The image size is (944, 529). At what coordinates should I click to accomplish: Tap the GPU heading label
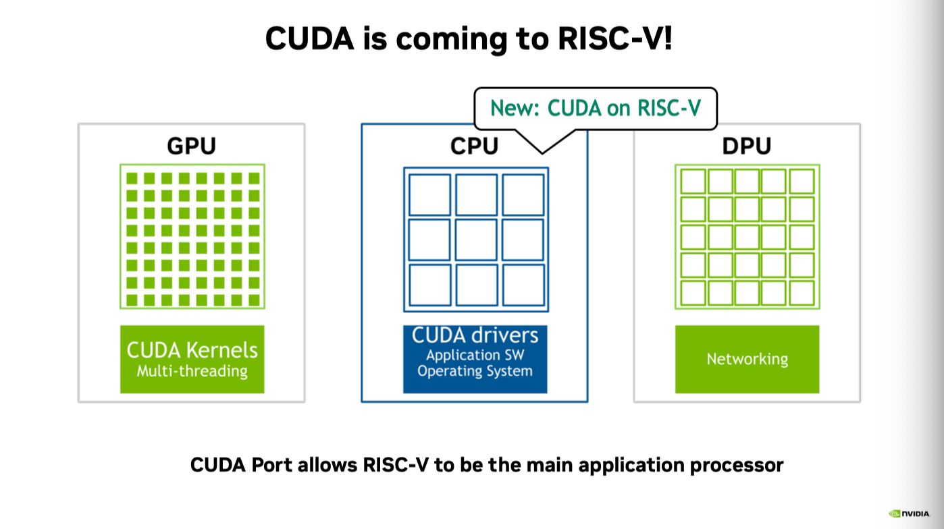tap(191, 146)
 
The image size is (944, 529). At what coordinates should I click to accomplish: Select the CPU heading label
tap(475, 146)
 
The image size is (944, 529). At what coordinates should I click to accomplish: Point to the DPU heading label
tap(747, 146)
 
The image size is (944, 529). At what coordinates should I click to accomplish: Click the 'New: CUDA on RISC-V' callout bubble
tap(595, 108)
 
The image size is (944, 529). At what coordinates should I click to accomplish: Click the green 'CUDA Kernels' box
tap(192, 359)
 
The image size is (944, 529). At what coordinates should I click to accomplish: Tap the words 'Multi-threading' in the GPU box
tap(192, 370)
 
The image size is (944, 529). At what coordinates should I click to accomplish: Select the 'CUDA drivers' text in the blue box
tap(475, 335)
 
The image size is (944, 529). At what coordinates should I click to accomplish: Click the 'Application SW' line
tap(475, 355)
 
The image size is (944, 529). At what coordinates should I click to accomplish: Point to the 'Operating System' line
tap(475, 371)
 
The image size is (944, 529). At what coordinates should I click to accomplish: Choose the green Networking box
tap(747, 359)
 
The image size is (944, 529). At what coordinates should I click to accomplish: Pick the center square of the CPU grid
tap(475, 240)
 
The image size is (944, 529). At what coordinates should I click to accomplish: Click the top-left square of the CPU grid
tap(429, 194)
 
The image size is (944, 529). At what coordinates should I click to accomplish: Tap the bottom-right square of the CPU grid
tap(523, 285)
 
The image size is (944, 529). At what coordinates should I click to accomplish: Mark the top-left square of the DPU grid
tap(693, 182)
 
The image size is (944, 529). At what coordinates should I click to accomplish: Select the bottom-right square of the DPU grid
tap(802, 293)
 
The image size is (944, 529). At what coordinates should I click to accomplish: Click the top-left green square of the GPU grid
tap(132, 178)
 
